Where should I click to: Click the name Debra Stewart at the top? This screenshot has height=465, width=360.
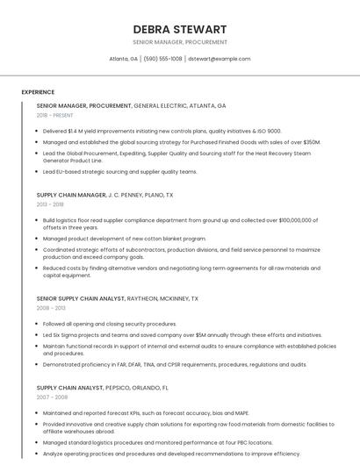[180, 29]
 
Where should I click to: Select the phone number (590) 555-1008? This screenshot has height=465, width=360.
[162, 59]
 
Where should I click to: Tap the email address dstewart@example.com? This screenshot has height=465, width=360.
[220, 59]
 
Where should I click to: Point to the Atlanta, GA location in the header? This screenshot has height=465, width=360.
[123, 59]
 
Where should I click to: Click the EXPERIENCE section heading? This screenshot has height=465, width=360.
[38, 92]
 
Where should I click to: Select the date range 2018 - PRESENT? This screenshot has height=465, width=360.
[54, 115]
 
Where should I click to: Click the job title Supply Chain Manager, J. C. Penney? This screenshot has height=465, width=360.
[104, 195]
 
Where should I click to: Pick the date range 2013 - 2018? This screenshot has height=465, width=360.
[50, 204]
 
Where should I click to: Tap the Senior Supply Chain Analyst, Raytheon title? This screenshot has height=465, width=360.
[117, 298]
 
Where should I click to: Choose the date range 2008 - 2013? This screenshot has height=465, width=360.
[51, 308]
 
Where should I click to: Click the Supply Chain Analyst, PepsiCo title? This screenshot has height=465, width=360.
[102, 387]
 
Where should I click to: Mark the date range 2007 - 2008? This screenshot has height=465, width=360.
[52, 397]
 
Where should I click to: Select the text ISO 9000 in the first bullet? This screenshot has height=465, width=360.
[268, 131]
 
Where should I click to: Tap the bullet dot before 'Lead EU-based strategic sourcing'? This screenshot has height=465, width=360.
[38, 172]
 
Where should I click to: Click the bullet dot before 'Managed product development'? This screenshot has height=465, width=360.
[38, 238]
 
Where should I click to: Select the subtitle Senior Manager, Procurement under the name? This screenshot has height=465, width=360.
[180, 42]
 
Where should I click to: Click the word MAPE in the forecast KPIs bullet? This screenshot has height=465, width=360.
[241, 412]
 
